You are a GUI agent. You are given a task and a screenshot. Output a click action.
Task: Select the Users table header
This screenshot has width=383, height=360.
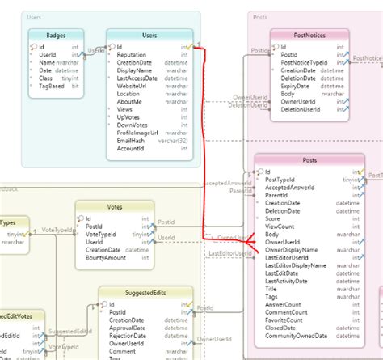point(149,36)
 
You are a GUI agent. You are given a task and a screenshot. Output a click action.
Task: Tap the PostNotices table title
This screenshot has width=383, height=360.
point(309,36)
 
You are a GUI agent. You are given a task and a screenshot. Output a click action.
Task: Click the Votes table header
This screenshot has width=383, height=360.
point(115,207)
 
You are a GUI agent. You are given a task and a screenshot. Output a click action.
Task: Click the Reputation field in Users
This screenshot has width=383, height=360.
point(133,55)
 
